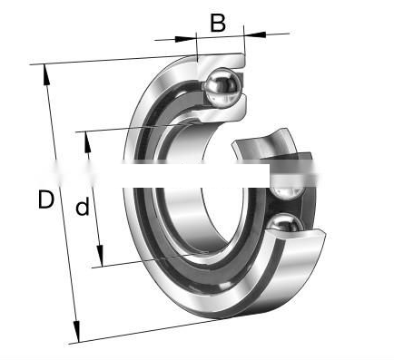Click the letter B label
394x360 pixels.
tap(218, 23)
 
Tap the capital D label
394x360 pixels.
tap(46, 199)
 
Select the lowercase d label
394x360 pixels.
tap(83, 206)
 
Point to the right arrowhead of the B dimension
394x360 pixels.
tap(255, 34)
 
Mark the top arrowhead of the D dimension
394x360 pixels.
tap(46, 74)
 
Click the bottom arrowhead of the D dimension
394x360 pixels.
tap(76, 332)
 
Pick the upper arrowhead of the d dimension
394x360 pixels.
tap(87, 142)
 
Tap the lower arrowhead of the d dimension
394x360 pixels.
tap(100, 256)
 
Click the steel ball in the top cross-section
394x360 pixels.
tap(223, 87)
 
